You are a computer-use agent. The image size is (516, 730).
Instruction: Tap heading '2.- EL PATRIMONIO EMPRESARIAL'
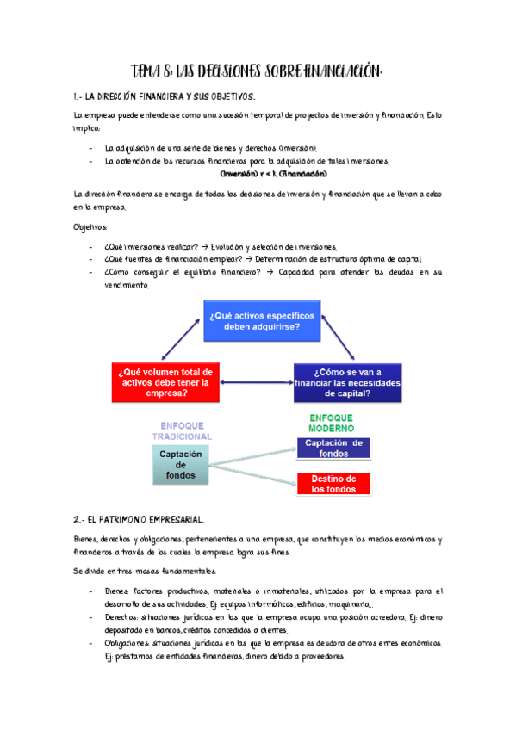(139, 520)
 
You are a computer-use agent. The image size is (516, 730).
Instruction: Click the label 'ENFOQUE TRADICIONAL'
(182, 431)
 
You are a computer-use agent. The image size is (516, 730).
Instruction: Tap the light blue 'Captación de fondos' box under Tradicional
(181, 465)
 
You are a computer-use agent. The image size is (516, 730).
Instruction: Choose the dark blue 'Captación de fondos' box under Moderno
(333, 448)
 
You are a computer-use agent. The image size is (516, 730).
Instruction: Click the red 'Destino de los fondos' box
(333, 484)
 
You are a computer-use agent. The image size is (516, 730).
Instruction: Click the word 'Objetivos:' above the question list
(90, 227)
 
